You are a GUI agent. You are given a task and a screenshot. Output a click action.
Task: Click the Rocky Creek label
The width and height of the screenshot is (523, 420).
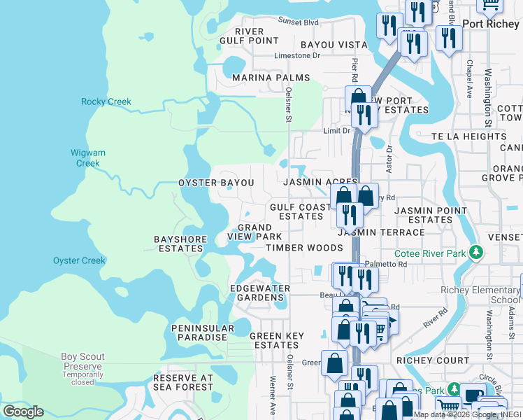coord(106,101)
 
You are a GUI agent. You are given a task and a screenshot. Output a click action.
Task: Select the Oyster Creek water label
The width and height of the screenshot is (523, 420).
coord(79,260)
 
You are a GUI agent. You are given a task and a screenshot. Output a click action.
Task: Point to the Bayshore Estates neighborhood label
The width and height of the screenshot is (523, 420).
coord(181,244)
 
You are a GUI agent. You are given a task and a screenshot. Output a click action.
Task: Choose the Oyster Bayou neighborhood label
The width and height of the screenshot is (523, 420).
coord(216,182)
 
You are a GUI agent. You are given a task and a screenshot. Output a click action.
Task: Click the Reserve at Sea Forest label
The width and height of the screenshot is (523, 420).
coord(182,382)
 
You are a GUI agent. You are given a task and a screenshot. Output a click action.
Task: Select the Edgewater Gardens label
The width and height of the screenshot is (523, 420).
coord(260,293)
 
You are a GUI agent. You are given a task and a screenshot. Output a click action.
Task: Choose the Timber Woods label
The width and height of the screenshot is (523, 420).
coord(303,247)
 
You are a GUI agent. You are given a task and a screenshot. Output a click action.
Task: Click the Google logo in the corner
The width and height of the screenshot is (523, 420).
coord(23,412)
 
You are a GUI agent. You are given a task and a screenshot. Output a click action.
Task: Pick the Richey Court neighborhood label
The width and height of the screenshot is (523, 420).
coord(433,360)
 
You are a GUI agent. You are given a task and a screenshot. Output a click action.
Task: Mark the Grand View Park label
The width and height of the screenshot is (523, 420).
coord(255,232)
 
